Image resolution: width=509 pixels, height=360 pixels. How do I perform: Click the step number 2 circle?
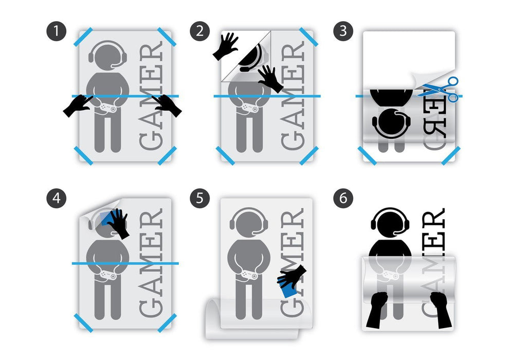pos(200,32)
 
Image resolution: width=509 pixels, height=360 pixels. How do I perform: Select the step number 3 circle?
pos(343,32)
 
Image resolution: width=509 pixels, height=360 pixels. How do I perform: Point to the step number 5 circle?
pos(200,199)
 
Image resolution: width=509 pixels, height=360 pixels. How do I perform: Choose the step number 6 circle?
pos(343,199)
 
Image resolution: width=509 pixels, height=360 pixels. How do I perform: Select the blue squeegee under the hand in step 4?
pos(106,219)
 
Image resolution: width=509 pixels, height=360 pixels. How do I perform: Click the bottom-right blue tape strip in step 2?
pos(310,155)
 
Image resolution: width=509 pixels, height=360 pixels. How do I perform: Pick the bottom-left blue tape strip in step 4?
pos(84,322)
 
